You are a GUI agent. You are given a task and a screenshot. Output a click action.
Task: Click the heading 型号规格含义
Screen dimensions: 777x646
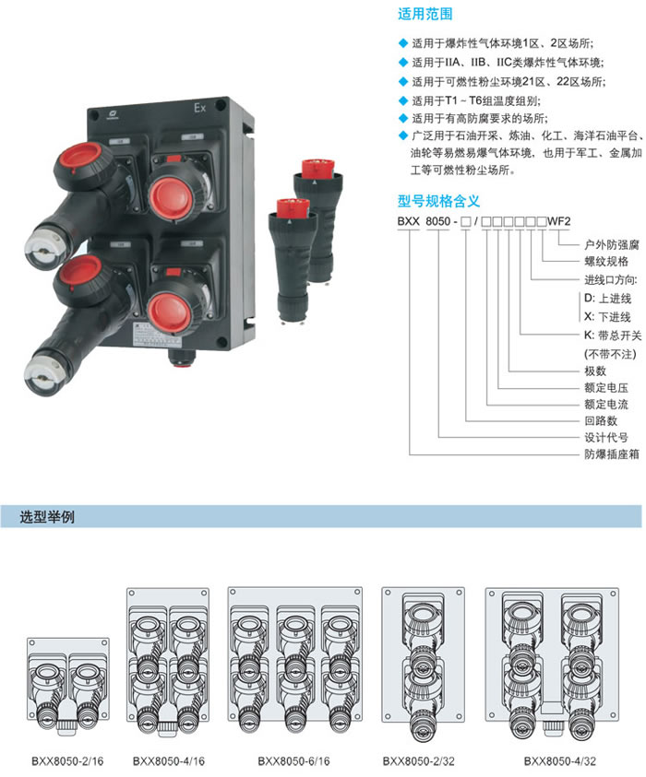point(438,200)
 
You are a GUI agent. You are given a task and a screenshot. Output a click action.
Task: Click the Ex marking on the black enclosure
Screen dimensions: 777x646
point(198,109)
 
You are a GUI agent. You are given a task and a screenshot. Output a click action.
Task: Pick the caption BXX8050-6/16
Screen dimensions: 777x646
point(293,761)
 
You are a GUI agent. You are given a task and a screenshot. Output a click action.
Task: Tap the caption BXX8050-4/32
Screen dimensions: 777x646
point(560,761)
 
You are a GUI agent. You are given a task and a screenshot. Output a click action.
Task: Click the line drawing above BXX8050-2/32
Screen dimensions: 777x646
point(425,664)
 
